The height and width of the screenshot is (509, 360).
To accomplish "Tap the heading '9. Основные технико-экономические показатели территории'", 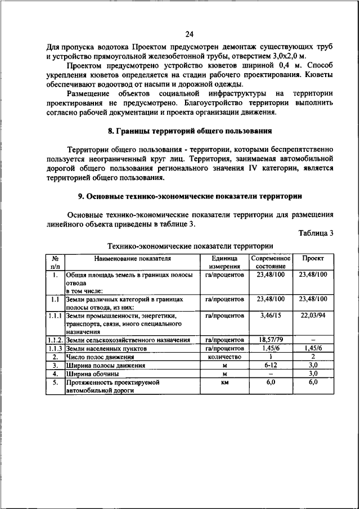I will coord(190,196).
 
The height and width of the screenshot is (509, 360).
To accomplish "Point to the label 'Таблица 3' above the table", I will coord(316,233).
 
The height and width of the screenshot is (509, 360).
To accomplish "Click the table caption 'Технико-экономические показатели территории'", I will coord(190,246).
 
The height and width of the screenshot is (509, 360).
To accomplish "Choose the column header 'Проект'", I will coord(313,258).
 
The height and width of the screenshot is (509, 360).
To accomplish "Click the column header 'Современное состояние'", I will coord(271,262).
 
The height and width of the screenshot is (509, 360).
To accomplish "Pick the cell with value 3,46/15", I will coord(271,316).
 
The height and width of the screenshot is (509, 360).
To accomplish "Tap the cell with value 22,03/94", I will coord(313,316).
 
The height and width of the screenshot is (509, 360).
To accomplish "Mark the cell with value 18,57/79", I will coord(271,340).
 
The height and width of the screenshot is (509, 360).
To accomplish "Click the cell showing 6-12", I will coord(271,364).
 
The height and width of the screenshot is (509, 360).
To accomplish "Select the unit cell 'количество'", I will coord(224,357).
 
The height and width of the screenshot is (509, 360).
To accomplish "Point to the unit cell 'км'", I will coord(224,382).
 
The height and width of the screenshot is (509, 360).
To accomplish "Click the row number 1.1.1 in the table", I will coord(55,316).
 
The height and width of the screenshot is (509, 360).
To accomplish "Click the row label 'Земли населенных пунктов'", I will coord(106,349).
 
